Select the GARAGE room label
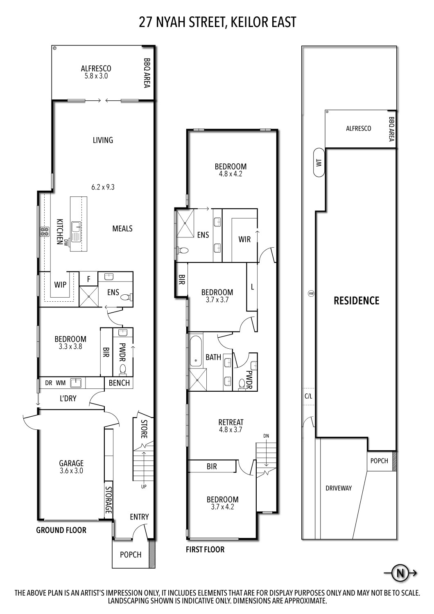pos(71,463)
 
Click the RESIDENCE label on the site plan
pos(356,301)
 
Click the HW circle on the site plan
pos(311,293)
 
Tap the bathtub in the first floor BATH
pos(195,351)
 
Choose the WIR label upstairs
pos(244,239)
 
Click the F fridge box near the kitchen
pos(88,279)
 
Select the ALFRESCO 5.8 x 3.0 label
pos(96,72)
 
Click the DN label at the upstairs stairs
pos(267,436)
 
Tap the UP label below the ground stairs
pos(144,487)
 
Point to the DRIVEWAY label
pos(339,488)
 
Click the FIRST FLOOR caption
pos(205,549)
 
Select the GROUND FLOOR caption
pos(61,530)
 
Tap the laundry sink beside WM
pos(76,383)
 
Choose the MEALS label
pos(122,228)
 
